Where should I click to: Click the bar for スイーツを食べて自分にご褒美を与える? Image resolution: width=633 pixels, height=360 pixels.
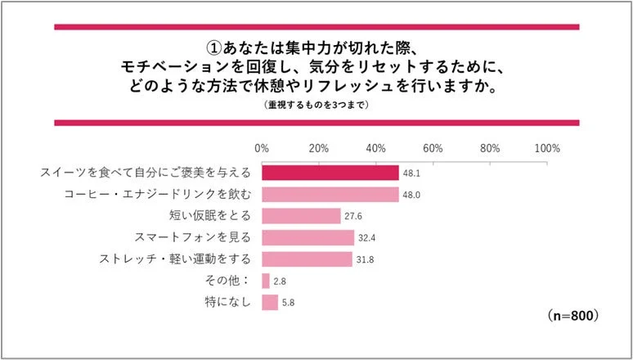pyautogui.click(x=330, y=173)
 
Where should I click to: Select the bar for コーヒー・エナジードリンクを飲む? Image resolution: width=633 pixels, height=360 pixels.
pyautogui.click(x=330, y=195)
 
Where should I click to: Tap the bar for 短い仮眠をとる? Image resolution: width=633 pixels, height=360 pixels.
pyautogui.click(x=301, y=216)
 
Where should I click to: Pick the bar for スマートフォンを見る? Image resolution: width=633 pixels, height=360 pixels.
pyautogui.click(x=308, y=238)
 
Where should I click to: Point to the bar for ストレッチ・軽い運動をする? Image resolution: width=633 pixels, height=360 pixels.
pyautogui.click(x=307, y=259)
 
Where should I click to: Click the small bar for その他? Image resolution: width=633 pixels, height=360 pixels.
pyautogui.click(x=266, y=281)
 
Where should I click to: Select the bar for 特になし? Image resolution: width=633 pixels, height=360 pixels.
pyautogui.click(x=270, y=303)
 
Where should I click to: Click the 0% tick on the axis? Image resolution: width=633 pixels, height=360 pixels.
pyautogui.click(x=262, y=149)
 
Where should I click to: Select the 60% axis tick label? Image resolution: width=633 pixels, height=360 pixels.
pyautogui.click(x=433, y=149)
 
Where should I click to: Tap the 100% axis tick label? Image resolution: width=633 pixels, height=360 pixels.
pyautogui.click(x=546, y=149)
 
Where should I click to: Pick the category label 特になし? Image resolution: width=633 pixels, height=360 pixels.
pyautogui.click(x=228, y=303)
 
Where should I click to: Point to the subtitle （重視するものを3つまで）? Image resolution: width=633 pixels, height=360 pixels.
pyautogui.click(x=316, y=106)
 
